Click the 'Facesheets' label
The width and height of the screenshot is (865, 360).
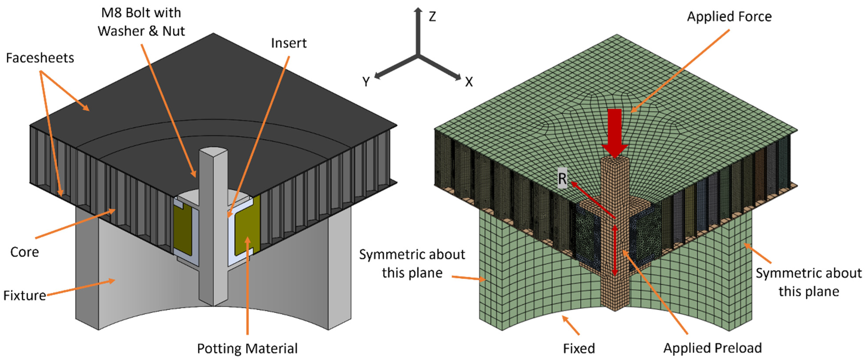click(x=40, y=58)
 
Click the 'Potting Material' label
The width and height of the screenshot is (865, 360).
click(x=247, y=349)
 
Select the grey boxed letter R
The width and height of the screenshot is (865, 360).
click(x=562, y=178)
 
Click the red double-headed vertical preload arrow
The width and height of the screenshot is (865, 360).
click(x=615, y=250)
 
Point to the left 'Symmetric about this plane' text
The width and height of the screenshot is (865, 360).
click(x=412, y=264)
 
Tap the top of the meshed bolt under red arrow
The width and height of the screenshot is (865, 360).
click(x=614, y=162)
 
